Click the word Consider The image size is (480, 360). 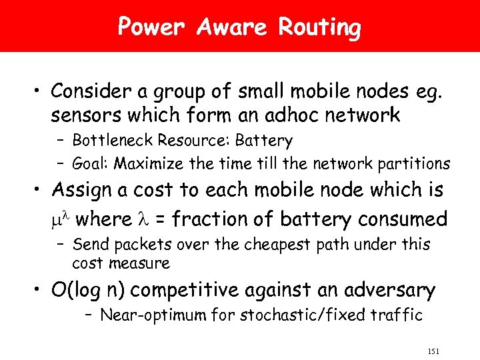pos(92,90)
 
